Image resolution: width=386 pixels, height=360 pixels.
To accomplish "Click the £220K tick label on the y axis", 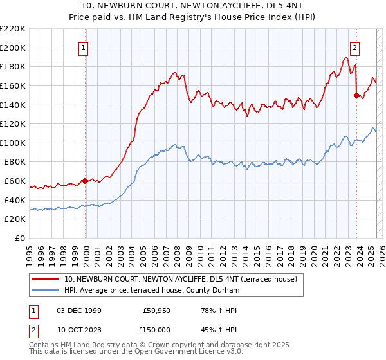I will [13, 28].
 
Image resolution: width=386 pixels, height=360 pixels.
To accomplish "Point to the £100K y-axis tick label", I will [13, 143].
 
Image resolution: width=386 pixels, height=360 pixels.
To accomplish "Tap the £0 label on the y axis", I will [21, 239].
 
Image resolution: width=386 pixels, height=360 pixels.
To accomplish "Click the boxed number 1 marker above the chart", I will [85, 46].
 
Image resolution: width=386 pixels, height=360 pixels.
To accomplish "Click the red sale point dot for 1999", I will [86, 181].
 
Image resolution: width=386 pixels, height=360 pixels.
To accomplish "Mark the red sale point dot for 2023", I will [356, 95].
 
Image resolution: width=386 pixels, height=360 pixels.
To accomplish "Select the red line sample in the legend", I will [46, 280].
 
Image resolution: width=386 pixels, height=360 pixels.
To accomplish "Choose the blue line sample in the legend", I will [46, 291].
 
